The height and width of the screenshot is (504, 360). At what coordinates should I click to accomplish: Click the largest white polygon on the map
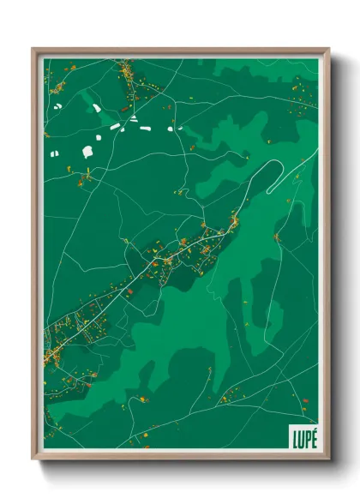(x=87, y=152)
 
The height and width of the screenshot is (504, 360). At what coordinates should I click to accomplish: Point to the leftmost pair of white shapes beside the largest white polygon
(x=54, y=154)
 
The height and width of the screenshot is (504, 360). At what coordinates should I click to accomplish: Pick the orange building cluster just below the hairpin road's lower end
(x=234, y=223)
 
